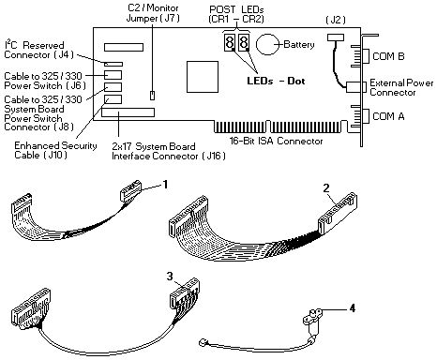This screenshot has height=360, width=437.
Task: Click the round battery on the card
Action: (267, 44)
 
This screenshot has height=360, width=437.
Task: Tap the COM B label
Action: (388, 56)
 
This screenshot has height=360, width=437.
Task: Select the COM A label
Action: (388, 116)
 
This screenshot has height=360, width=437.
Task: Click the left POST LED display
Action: (230, 42)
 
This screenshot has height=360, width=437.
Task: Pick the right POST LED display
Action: (244, 42)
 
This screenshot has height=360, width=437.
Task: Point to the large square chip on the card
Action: (203, 77)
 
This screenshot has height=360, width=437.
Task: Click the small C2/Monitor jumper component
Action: (152, 96)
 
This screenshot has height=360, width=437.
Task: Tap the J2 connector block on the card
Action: (336, 37)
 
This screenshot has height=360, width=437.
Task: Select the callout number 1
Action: (165, 185)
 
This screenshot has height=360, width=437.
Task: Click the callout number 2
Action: (326, 188)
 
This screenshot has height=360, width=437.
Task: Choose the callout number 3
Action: (170, 277)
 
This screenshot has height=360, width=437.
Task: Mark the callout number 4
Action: (353, 308)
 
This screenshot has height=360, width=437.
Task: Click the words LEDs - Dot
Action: (276, 82)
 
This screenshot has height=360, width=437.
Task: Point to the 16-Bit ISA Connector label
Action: (276, 141)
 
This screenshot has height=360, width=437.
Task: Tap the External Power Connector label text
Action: (401, 88)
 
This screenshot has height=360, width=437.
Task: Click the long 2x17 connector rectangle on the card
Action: (128, 112)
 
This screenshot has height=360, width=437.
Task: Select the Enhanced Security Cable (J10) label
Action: (55, 150)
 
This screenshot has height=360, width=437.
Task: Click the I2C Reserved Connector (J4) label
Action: (38, 50)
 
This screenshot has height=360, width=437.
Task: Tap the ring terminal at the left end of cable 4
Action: (203, 343)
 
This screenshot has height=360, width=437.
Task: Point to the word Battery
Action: (299, 45)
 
